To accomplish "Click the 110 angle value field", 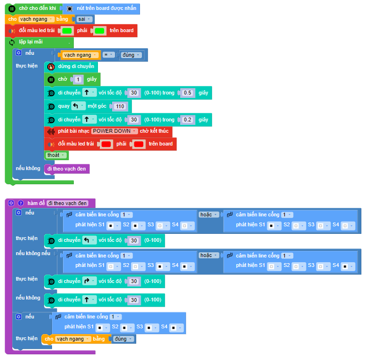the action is [x=120, y=106].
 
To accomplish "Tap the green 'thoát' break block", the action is [x=56, y=155].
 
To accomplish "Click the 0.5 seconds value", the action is [x=187, y=93].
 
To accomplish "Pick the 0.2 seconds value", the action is [x=187, y=120].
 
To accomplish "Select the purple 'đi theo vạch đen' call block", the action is [x=67, y=169].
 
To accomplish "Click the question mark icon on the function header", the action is [x=21, y=203].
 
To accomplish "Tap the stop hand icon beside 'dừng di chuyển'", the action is [x=51, y=67].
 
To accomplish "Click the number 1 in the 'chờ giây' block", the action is [x=78, y=79].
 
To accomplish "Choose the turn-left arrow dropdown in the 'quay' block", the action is [x=78, y=106].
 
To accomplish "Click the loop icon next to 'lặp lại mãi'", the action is [x=12, y=42].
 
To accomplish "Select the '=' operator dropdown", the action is [x=108, y=55].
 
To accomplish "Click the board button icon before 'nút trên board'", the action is [x=70, y=9].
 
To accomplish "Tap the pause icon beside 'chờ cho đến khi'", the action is [x=12, y=9].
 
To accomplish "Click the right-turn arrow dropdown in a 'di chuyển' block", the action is [x=89, y=281].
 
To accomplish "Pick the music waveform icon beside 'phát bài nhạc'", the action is [x=51, y=131].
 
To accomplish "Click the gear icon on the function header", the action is [x=11, y=203].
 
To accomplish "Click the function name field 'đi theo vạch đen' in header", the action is [x=68, y=203].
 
